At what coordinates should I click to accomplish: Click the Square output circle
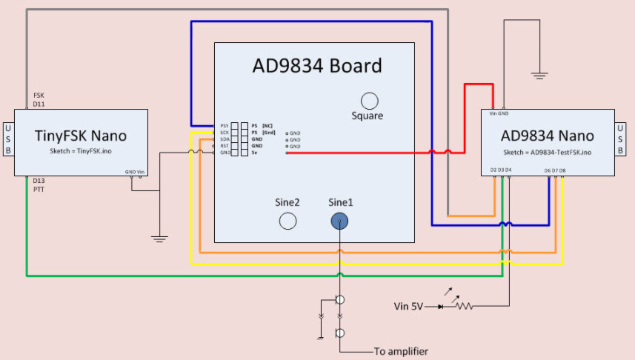click(x=368, y=101)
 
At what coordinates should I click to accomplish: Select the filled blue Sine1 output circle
click(x=339, y=220)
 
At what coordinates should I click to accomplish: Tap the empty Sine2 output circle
click(x=287, y=220)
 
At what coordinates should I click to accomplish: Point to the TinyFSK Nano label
click(x=81, y=136)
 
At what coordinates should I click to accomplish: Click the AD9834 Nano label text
click(x=547, y=136)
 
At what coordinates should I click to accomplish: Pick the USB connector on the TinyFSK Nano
click(x=7, y=140)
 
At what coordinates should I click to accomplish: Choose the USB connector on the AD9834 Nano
click(x=625, y=140)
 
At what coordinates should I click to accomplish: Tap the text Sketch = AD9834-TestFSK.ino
click(x=547, y=151)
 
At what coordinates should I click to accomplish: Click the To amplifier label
click(x=400, y=351)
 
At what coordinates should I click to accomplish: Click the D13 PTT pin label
click(x=39, y=184)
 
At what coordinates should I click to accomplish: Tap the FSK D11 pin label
click(x=39, y=100)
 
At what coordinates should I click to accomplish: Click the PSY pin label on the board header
click(x=225, y=127)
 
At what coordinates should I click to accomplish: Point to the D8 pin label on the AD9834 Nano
click(x=562, y=170)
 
